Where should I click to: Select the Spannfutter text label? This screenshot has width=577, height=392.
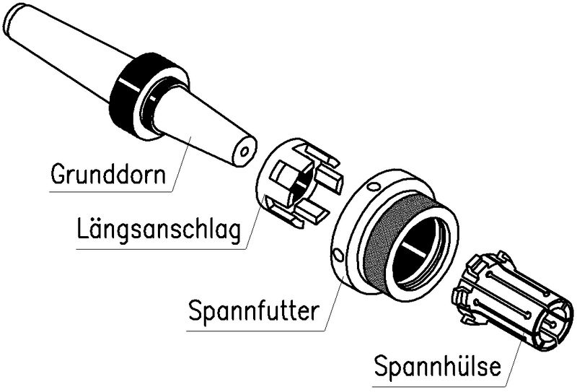(252, 313)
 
